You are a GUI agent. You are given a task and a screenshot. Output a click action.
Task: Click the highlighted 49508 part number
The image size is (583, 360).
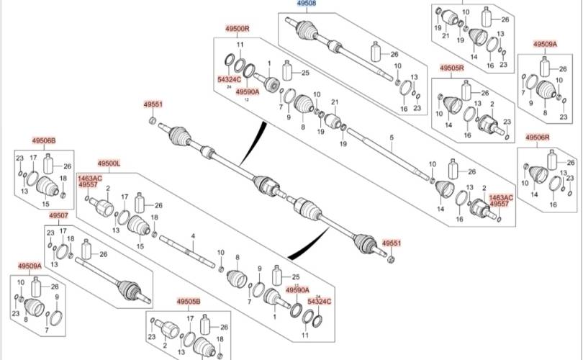pos(307,4)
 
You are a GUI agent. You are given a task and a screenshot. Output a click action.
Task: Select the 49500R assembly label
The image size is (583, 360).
pos(236,28)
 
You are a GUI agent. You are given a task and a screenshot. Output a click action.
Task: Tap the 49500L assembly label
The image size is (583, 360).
pos(109,164)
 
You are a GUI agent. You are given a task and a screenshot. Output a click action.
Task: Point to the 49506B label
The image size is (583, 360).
pos(43,140)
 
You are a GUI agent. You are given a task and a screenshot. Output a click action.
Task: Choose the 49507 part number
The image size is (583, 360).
pos(58,215)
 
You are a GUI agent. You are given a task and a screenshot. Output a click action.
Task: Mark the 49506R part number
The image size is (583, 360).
pos(538,137)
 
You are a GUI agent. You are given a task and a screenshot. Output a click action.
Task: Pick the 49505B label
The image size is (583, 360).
pos(189,302)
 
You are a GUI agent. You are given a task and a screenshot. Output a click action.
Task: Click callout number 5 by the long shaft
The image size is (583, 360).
pos(392,137)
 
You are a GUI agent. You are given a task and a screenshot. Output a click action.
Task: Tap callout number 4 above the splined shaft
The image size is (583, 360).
pos(193,236)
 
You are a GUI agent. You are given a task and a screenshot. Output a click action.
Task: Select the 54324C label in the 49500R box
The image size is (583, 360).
pos(230,80)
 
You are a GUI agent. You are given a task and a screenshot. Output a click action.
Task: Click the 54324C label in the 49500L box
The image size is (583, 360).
pos(319,300)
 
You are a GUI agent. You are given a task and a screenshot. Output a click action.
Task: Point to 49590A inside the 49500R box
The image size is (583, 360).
pos(247,91)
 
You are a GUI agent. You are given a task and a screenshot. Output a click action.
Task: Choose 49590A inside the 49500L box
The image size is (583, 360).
pos(297,289)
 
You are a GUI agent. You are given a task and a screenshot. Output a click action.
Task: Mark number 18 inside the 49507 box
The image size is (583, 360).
pos(70,239)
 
